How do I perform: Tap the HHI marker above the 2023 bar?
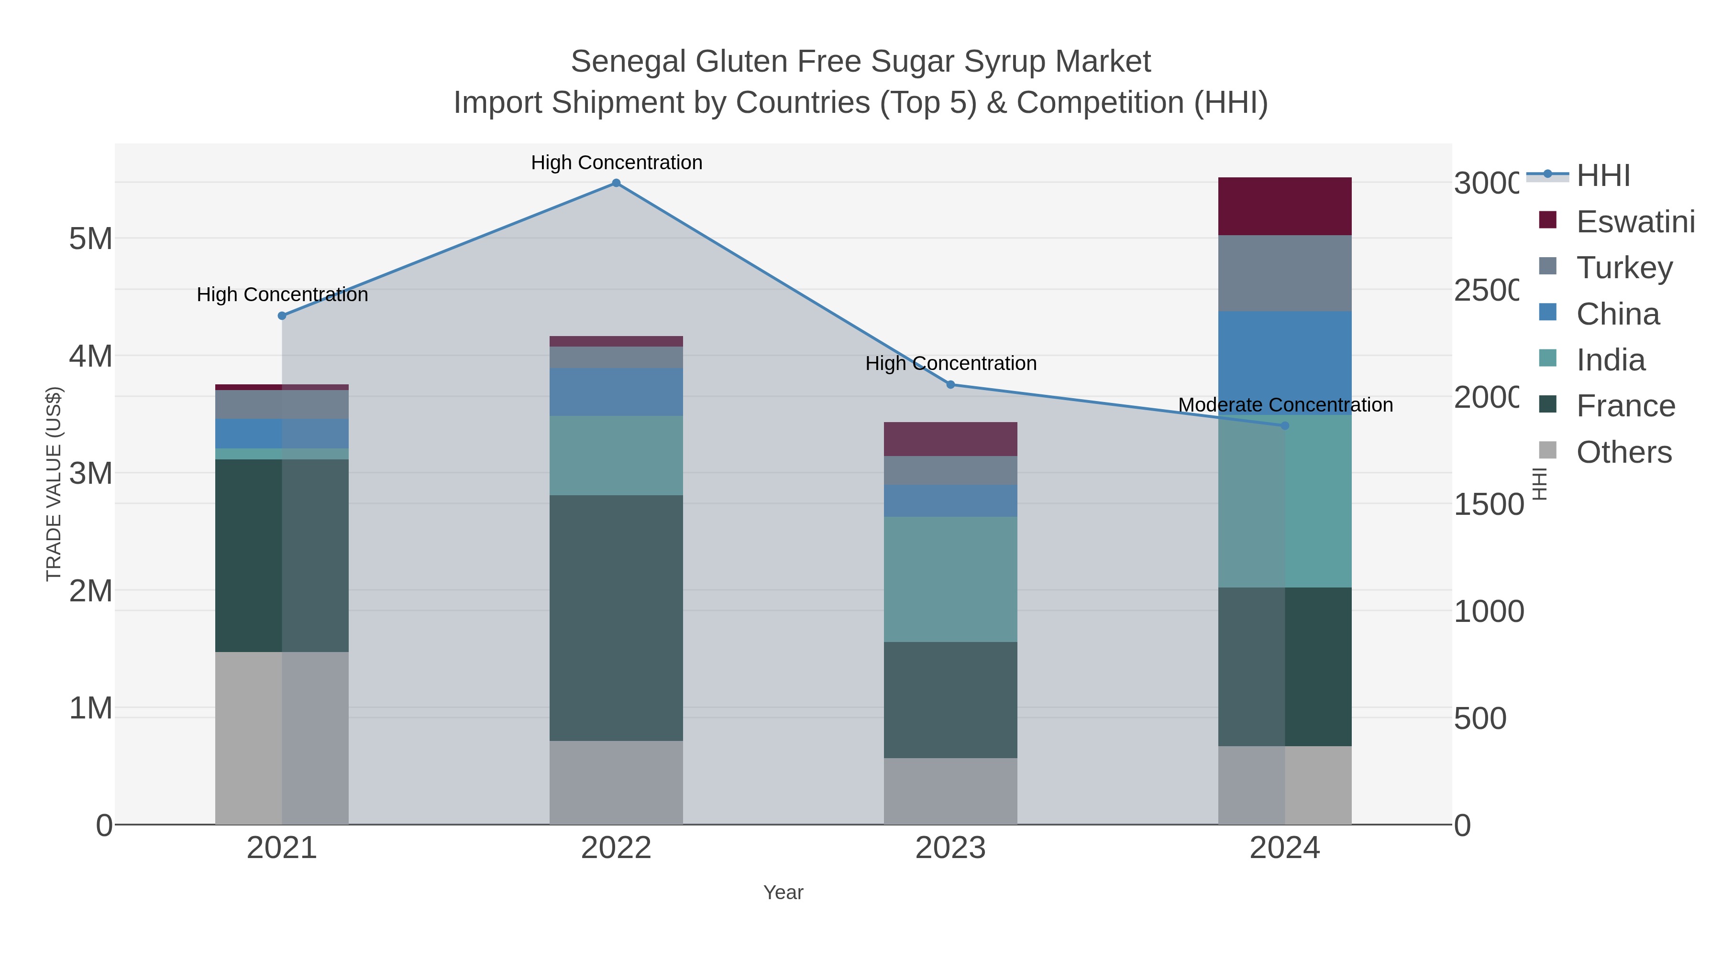point(950,385)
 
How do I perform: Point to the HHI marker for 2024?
point(1284,425)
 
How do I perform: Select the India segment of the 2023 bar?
point(950,579)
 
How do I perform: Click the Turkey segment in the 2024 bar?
point(1284,273)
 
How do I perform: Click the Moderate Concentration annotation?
point(1285,405)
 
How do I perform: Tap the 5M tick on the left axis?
point(91,239)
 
